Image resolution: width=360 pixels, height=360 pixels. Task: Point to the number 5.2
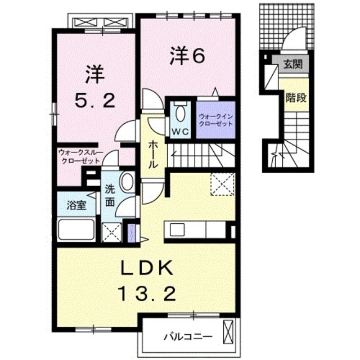pos(95,101)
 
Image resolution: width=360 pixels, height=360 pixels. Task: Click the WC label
pos(181,132)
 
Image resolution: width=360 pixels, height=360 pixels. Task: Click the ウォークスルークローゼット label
pos(78,156)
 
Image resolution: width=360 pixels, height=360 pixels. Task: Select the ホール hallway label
pos(154,155)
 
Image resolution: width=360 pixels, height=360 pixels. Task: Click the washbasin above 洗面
pos(127,183)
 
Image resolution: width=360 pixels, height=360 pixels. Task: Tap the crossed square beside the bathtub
pos(111,232)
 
